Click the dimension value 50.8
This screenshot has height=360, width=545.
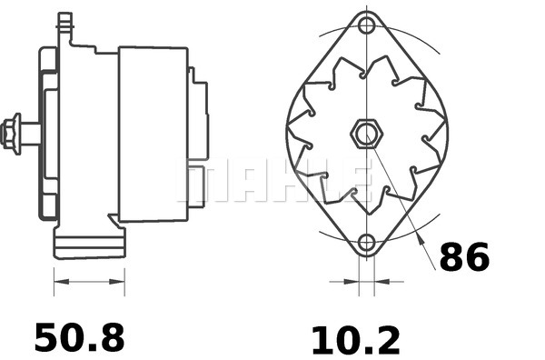79,337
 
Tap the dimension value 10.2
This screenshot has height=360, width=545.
355,339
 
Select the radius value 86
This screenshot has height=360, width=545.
464,257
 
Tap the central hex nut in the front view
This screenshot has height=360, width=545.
365,135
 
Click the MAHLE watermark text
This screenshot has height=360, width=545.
272,182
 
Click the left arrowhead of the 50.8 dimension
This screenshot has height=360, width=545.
59,282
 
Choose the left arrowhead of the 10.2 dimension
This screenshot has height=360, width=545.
349,282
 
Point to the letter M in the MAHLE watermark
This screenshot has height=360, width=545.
202,182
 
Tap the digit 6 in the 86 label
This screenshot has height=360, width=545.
477,257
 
